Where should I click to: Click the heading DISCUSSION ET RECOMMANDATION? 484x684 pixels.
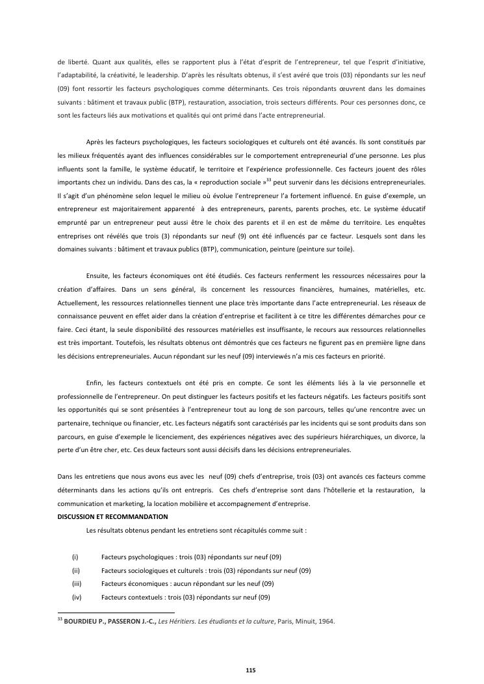(112, 517)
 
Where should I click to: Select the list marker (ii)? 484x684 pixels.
(75, 570)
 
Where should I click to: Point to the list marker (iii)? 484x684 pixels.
(76, 584)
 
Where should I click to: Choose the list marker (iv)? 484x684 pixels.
(76, 598)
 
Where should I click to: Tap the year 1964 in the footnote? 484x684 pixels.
(325, 622)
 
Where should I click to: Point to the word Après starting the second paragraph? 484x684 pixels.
(96, 142)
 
